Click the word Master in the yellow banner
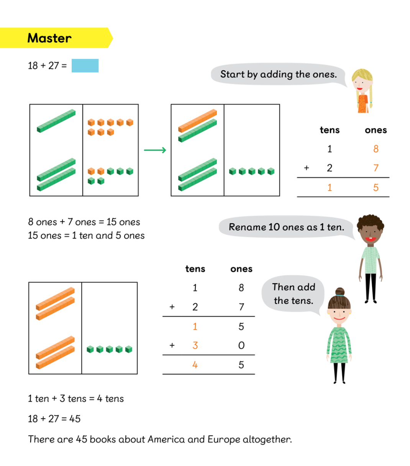[x=49, y=38]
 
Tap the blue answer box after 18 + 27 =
[x=85, y=65]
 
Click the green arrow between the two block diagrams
[x=155, y=150]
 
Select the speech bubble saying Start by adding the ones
[x=279, y=74]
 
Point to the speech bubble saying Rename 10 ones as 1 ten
[x=287, y=227]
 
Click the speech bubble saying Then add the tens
[x=293, y=294]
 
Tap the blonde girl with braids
[x=362, y=91]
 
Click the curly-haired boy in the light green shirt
[x=371, y=259]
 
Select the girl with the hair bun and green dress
[x=339, y=335]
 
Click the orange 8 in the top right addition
[x=376, y=149]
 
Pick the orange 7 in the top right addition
[x=376, y=168]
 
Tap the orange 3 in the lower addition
[x=195, y=345]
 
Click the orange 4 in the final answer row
[x=195, y=365]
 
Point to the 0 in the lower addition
[x=241, y=345]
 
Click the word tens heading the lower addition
[x=195, y=269]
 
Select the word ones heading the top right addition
[x=376, y=130]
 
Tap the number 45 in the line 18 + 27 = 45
[x=75, y=419]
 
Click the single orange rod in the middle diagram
[x=197, y=121]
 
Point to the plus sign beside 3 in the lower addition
[x=172, y=345]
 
